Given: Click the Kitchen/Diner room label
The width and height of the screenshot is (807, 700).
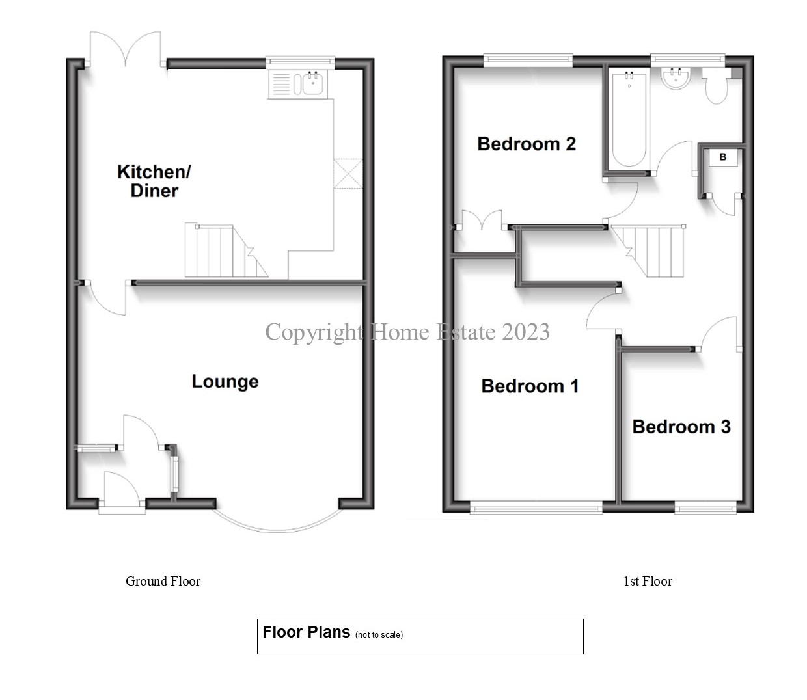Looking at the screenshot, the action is click(x=154, y=181).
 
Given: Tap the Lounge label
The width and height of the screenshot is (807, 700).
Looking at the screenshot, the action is click(x=225, y=381).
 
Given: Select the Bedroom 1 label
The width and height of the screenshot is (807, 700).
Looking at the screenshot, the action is click(x=530, y=386).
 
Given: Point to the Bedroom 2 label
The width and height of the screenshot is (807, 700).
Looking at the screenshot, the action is click(x=527, y=144).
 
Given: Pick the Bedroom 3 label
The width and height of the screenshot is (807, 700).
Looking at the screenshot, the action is click(x=681, y=427).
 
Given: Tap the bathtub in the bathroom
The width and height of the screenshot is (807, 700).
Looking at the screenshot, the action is click(x=629, y=119).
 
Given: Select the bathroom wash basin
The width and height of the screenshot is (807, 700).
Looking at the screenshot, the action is click(x=676, y=77).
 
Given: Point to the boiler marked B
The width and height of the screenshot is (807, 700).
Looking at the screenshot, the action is click(x=722, y=157).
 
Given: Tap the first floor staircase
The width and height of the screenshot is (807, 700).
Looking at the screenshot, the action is click(x=648, y=250).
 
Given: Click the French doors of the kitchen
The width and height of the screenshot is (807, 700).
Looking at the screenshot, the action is click(x=126, y=49).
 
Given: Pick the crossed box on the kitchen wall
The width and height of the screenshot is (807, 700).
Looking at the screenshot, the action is click(x=348, y=174).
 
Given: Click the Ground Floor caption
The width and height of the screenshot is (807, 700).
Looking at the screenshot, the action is click(x=163, y=581).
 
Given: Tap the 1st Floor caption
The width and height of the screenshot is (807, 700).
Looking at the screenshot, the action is click(x=648, y=581).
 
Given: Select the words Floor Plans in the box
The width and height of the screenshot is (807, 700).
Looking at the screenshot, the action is click(x=306, y=632).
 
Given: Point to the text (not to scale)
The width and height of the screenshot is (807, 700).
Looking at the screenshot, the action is click(x=379, y=634).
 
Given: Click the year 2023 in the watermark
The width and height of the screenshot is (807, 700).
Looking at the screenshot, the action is click(x=526, y=332).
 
